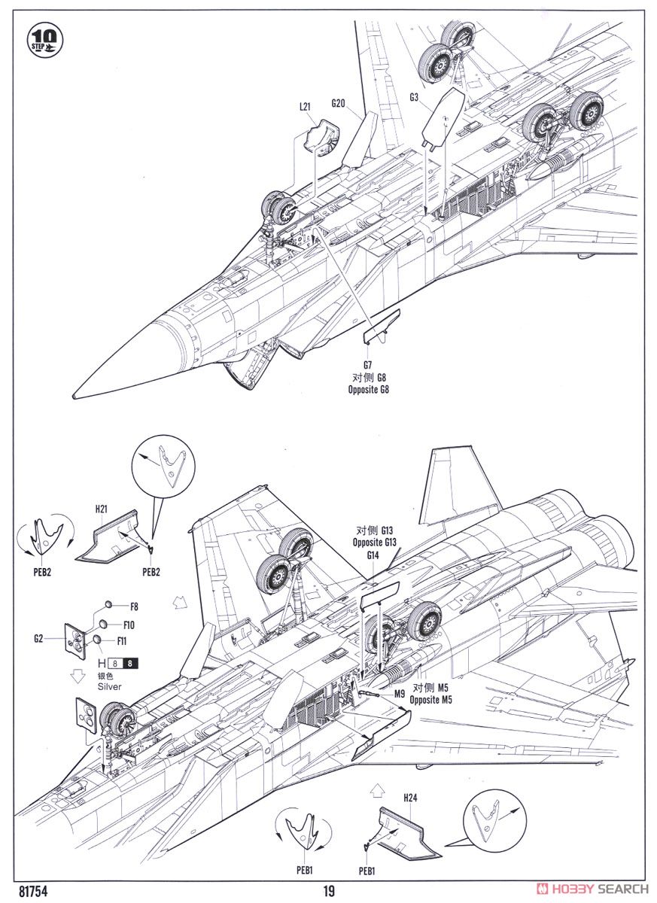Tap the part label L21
tap(305, 107)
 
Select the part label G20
tap(338, 104)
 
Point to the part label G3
tap(414, 97)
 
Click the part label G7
tap(367, 365)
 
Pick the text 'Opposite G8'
tap(369, 390)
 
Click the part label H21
tap(102, 509)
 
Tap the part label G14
tap(373, 555)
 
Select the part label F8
tap(134, 607)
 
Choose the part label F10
tap(129, 625)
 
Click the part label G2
tap(38, 638)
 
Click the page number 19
tap(329, 890)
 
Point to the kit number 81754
tap(32, 890)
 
